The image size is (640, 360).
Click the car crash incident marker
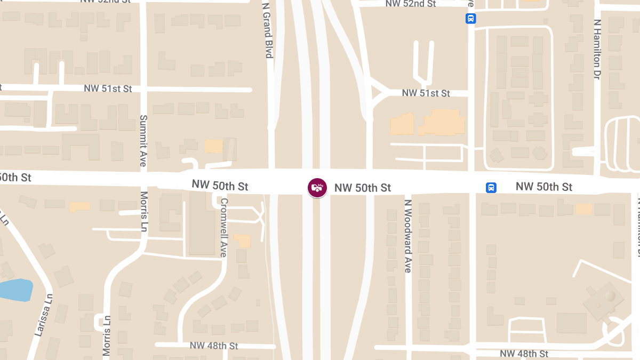(317, 187)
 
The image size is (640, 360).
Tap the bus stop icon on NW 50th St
(491, 188)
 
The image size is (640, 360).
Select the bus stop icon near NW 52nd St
(470, 19)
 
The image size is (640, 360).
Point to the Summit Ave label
(143, 140)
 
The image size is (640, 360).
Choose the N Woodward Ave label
(408, 236)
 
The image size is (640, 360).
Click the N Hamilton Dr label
(597, 50)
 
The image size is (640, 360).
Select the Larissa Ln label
(44, 315)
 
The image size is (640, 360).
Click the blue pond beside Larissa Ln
(15, 290)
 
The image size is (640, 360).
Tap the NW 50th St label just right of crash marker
(363, 188)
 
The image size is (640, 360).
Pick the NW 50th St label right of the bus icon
(543, 187)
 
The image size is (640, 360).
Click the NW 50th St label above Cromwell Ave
(220, 186)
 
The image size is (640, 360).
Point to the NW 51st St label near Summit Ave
(108, 89)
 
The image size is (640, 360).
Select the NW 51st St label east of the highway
(426, 93)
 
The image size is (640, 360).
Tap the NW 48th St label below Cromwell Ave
(214, 346)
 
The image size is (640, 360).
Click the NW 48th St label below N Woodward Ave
(524, 354)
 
